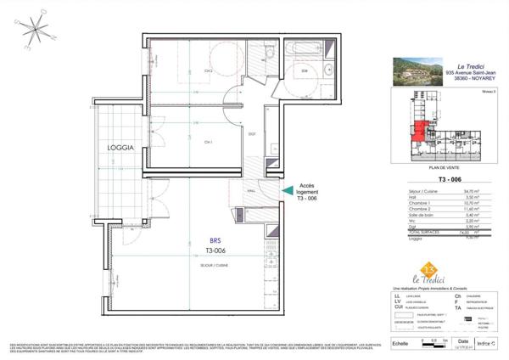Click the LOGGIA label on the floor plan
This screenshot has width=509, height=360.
click(121, 148)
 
